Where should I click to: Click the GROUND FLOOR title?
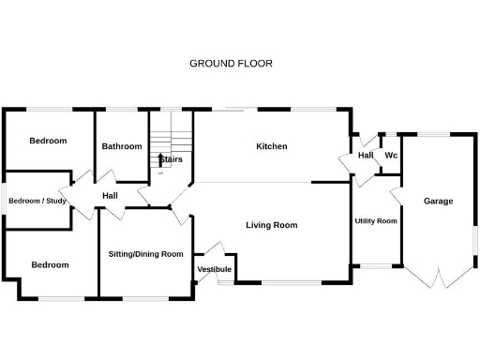pos(231,64)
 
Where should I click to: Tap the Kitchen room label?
pos(272,146)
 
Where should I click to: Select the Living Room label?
pos(272,225)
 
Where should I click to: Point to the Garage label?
pos(438,202)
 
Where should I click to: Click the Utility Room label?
pos(376,221)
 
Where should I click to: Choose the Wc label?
pos(391,155)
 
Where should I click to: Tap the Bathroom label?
pos(122,146)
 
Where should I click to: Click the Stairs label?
pos(171,159)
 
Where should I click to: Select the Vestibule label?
pos(214,270)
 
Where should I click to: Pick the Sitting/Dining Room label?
pos(145,254)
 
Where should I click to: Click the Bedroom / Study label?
pos(37,201)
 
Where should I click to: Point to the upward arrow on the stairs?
pos(161,160)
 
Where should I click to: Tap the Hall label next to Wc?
pos(366,155)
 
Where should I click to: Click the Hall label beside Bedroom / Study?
pos(111,195)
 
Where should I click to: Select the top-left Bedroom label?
pos(48,141)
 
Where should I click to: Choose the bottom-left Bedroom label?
pos(50,264)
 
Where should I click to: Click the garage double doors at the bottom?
pos(438,277)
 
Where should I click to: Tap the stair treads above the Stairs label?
pos(171,131)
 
